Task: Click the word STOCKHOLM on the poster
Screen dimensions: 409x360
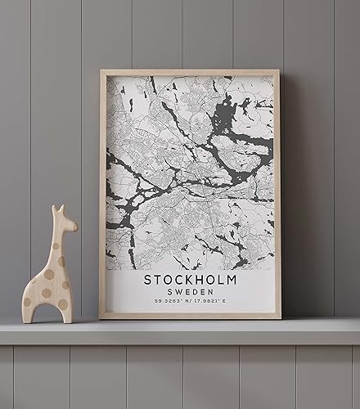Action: [x=190, y=280]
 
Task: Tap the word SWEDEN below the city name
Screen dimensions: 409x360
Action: [x=190, y=292]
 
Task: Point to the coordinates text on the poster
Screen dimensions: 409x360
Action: [x=190, y=303]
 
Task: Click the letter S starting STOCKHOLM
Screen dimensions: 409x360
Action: [x=148, y=280]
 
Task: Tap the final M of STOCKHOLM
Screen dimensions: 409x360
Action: [x=232, y=280]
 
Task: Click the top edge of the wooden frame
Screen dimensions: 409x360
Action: [x=189, y=73]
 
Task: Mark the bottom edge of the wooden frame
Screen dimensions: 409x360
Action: [x=190, y=316]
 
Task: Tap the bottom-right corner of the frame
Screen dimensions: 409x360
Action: [x=278, y=316]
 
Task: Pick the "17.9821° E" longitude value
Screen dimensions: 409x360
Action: [x=212, y=303]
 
